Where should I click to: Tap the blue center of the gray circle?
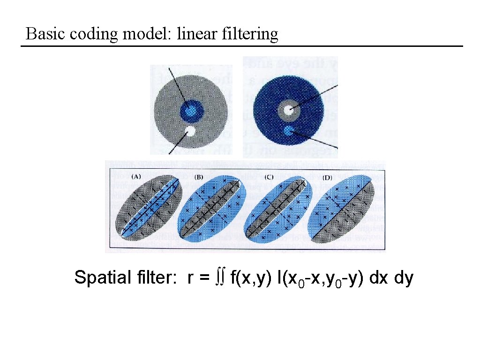tap(190, 110)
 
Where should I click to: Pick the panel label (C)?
tap(269, 177)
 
